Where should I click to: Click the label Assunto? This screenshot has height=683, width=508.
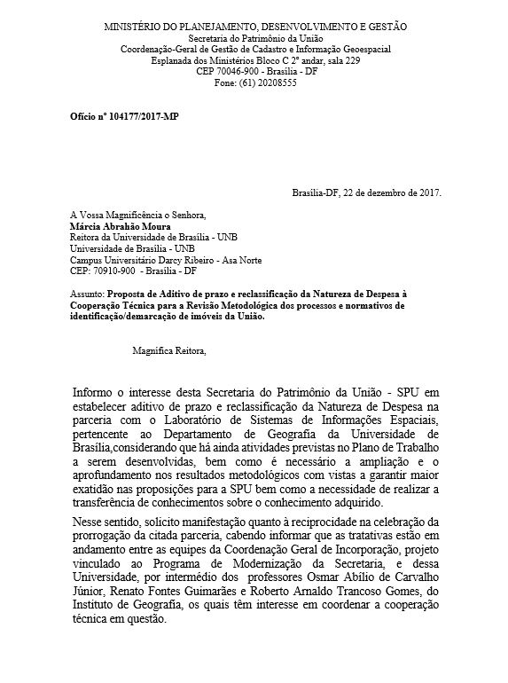point(86,293)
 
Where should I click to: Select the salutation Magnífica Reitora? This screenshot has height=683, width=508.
point(168,351)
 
